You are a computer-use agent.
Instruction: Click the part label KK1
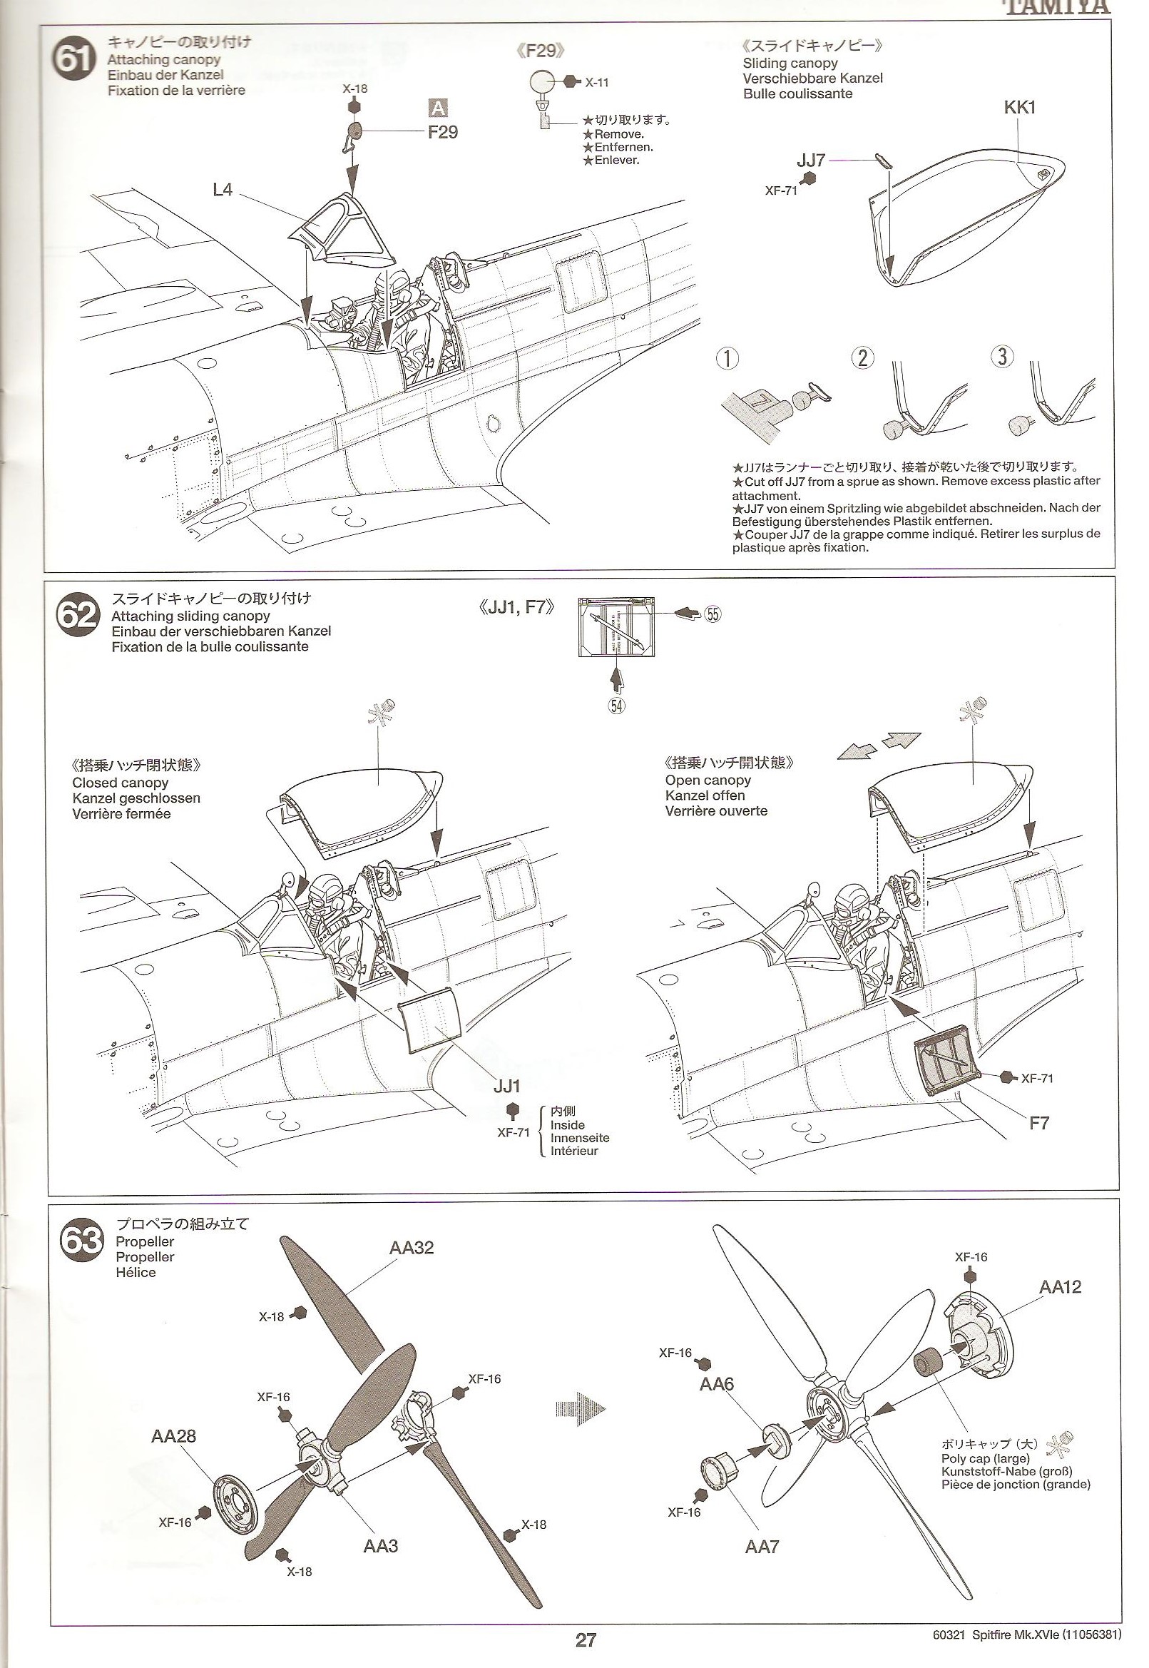pos(1018,108)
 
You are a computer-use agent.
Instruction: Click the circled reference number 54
pos(616,705)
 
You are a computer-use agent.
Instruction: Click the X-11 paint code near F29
pos(596,83)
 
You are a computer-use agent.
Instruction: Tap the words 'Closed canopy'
pos(121,782)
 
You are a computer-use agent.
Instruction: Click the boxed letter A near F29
pos(438,108)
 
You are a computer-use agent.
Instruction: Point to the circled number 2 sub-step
pos(862,357)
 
